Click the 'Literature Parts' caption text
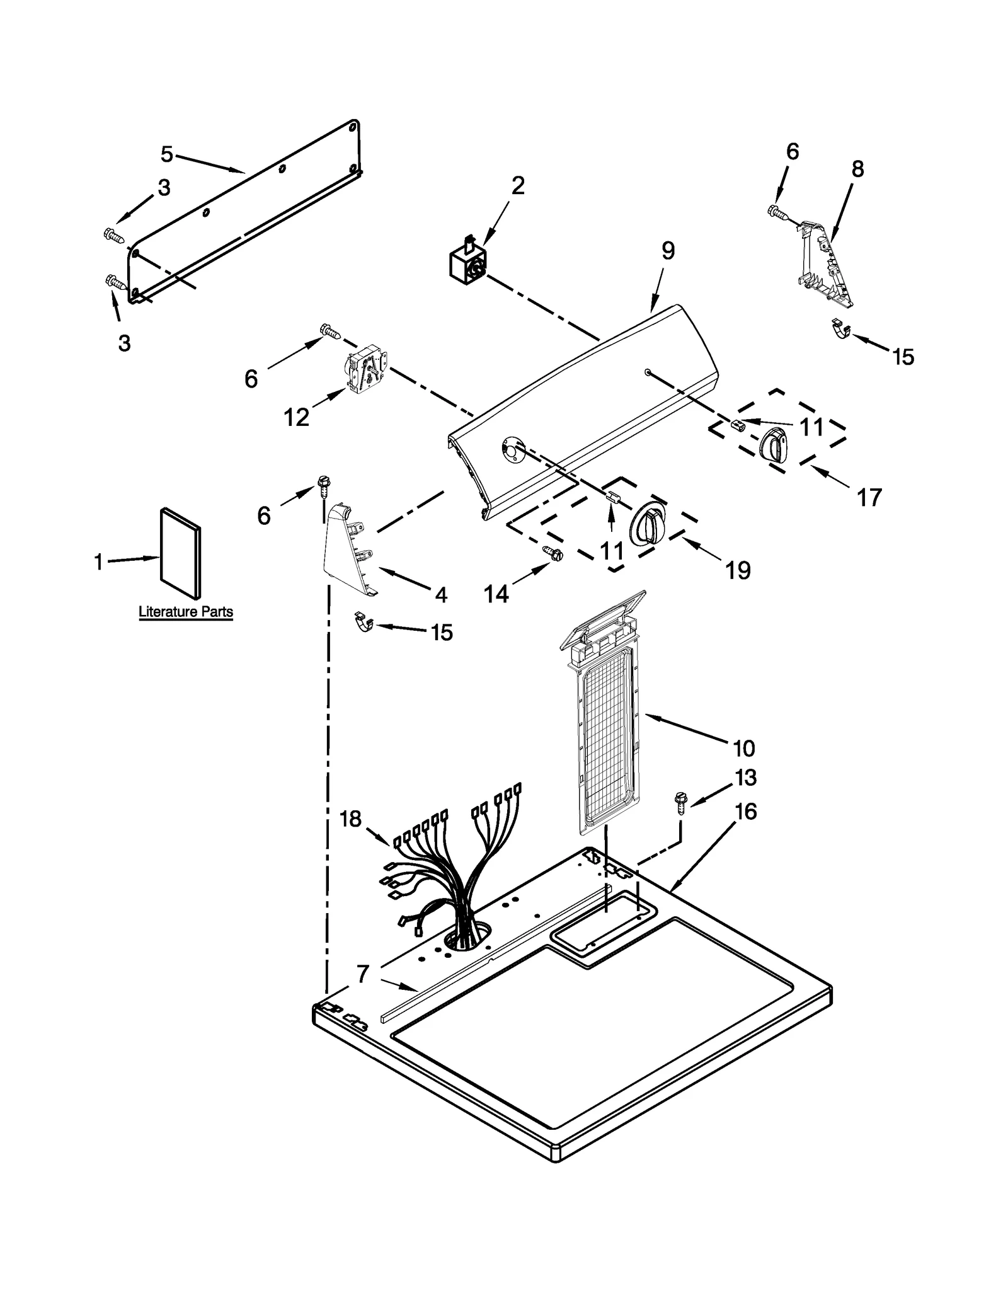tap(185, 611)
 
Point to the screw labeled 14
tap(554, 554)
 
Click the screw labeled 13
tap(680, 801)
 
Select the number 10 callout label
tap(743, 749)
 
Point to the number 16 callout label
tap(745, 812)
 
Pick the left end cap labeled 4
tap(348, 548)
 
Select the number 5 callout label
tap(166, 154)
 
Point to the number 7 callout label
tap(362, 974)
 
